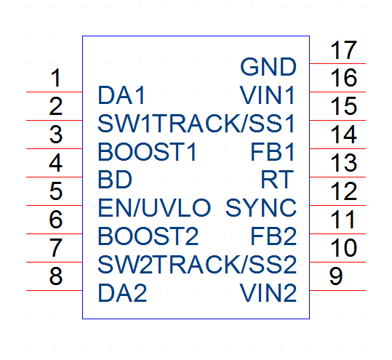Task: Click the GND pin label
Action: coord(268,67)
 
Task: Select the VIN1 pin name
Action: coord(267,95)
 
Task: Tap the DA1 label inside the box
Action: coord(121,95)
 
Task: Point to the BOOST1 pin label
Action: coord(147,152)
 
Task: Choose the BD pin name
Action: coord(115,180)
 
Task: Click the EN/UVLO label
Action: coord(154,208)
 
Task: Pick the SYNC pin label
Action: coord(261,208)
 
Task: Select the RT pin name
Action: coord(277,180)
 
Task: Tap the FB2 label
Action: coord(273,236)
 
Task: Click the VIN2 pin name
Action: coord(268,293)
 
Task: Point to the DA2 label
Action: coord(122,293)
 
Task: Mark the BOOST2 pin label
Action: coord(148,236)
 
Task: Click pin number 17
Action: coord(343,50)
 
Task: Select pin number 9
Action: coord(336,276)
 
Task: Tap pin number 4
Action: coord(55,163)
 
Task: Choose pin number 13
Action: coord(343,163)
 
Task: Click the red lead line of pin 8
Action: coord(55,290)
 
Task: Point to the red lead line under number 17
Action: coord(337,63)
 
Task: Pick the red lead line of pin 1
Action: coord(55,92)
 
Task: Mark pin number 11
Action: coord(343,220)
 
